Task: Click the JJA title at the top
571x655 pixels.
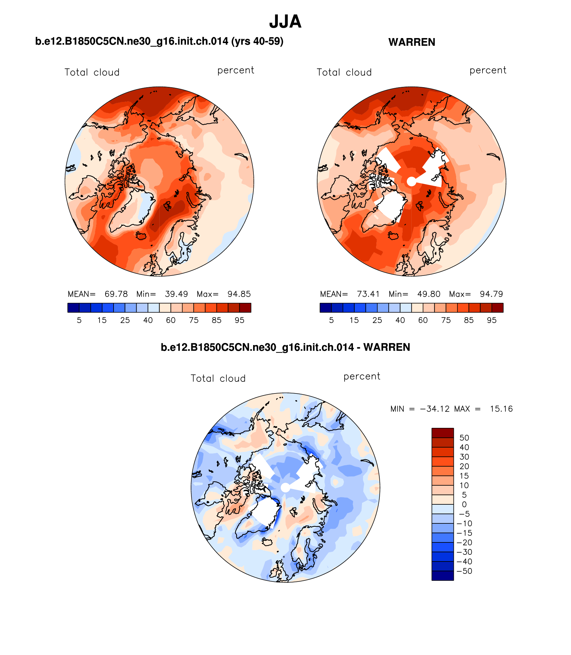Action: pos(285,22)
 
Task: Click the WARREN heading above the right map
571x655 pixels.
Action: pos(411,42)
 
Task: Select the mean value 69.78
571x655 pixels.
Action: pos(116,294)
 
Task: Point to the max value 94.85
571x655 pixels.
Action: pos(239,294)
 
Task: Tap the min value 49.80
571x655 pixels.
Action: pos(428,294)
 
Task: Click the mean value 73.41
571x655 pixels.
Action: pos(368,294)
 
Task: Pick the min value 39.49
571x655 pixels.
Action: pos(176,294)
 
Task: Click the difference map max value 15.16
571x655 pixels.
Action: pos(501,409)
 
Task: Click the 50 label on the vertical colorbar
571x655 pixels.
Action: pos(464,438)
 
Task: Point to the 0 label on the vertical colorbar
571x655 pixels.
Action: pos(464,504)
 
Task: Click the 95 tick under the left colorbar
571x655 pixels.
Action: pos(239,320)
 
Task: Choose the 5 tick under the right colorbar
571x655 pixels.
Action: pos(331,320)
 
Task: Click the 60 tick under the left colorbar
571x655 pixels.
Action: pos(171,320)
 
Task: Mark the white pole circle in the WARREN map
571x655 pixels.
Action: pos(412,181)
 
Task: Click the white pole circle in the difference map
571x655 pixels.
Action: pos(285,488)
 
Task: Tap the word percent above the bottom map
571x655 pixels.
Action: pos(362,376)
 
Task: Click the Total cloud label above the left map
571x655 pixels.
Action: pos(92,72)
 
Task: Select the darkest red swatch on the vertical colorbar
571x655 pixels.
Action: pos(442,433)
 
